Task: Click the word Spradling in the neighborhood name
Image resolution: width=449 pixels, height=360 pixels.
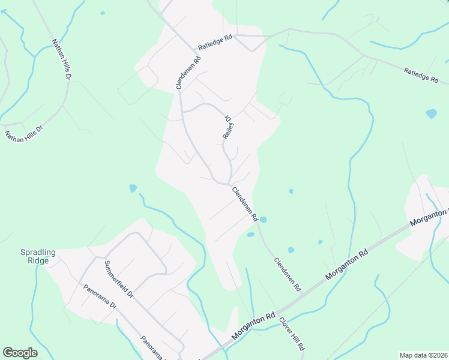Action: click(x=38, y=253)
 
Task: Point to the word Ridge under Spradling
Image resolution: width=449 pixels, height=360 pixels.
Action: click(x=38, y=262)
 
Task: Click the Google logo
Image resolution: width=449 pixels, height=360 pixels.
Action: click(x=20, y=353)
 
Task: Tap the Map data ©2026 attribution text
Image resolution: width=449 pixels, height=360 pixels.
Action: click(x=423, y=355)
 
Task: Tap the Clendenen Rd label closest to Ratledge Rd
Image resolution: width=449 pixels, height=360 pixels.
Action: click(x=187, y=73)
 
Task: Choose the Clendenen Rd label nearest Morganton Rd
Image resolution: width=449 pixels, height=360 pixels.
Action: click(x=287, y=274)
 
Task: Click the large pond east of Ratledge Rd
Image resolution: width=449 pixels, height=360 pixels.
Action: click(x=431, y=113)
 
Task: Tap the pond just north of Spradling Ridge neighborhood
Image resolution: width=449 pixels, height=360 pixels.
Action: click(x=133, y=188)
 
